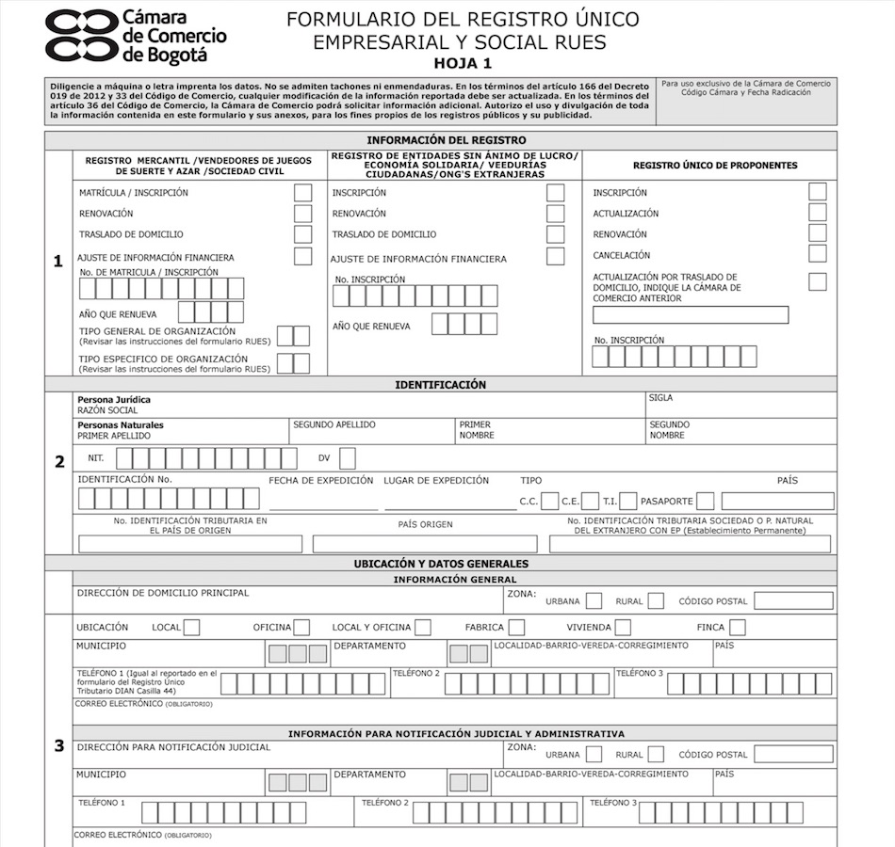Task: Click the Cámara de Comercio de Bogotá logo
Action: [x=137, y=36]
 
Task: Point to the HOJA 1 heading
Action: [x=462, y=64]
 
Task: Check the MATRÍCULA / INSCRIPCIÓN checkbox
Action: [x=302, y=193]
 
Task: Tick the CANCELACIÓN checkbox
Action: [x=817, y=254]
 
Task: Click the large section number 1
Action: [x=58, y=262]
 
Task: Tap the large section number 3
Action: [x=58, y=746]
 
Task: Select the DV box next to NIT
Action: [x=348, y=458]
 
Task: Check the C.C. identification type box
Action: [x=549, y=502]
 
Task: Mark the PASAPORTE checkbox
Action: [x=705, y=502]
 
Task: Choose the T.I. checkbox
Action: [x=628, y=502]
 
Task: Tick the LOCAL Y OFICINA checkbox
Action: [x=423, y=627]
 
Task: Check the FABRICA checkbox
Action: [x=516, y=627]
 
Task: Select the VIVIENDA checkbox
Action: [x=623, y=627]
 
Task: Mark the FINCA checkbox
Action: [x=737, y=627]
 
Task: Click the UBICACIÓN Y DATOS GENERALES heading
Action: [x=440, y=564]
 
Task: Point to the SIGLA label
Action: [x=660, y=398]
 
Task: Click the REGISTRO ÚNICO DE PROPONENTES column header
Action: [x=714, y=166]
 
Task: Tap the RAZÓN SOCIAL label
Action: [x=107, y=410]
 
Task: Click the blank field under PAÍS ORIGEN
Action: [x=424, y=544]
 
